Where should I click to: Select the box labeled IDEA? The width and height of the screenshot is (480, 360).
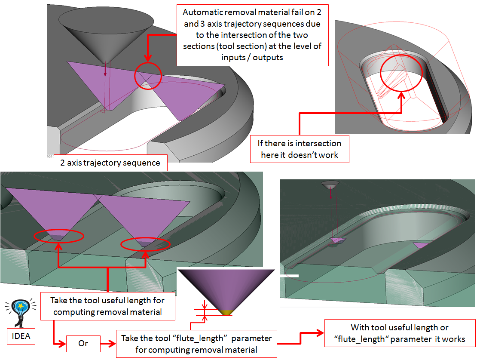[21, 335]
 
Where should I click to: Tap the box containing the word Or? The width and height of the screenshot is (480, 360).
[83, 343]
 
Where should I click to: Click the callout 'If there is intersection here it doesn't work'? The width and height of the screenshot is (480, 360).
[300, 149]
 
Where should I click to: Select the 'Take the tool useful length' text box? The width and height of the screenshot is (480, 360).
[107, 306]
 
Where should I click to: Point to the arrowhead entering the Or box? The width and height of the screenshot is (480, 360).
[64, 343]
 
